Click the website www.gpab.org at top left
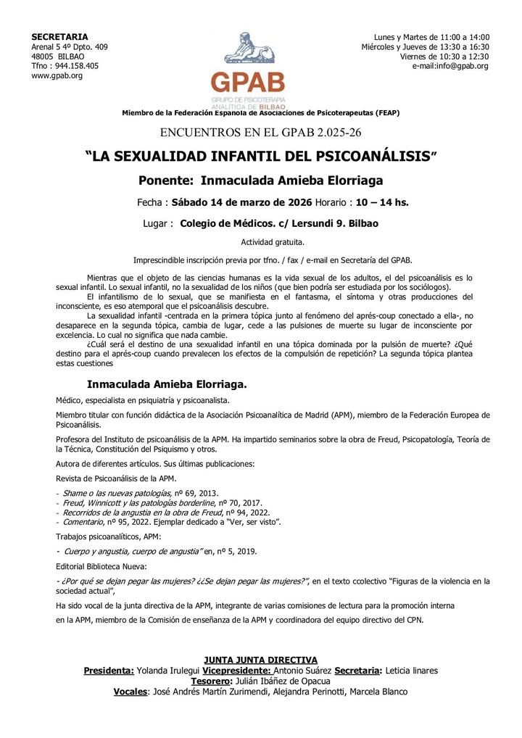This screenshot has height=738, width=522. (x=57, y=75)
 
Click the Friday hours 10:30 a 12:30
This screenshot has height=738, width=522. (x=465, y=57)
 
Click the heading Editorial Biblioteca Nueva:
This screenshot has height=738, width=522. (x=101, y=565)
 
